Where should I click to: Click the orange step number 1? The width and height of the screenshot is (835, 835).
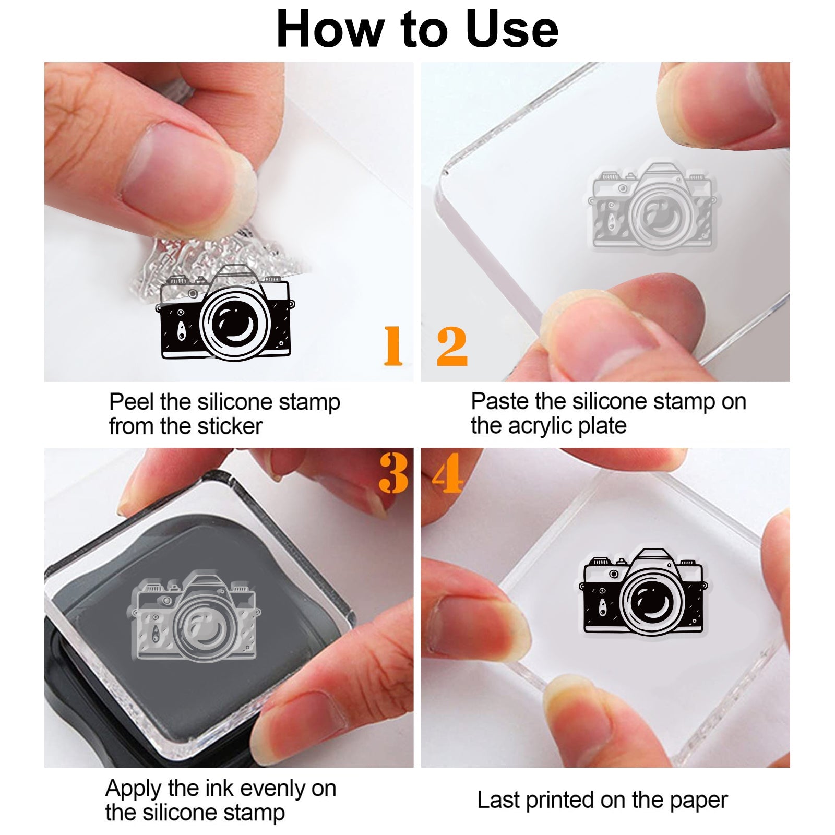pyautogui.click(x=393, y=345)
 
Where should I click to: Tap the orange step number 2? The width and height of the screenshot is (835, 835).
pyautogui.click(x=452, y=345)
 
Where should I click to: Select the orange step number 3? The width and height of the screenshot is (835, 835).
pyautogui.click(x=393, y=473)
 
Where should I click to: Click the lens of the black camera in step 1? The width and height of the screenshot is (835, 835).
pyautogui.click(x=235, y=324)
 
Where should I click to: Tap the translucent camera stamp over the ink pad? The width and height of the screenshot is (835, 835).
pyautogui.click(x=196, y=616)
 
